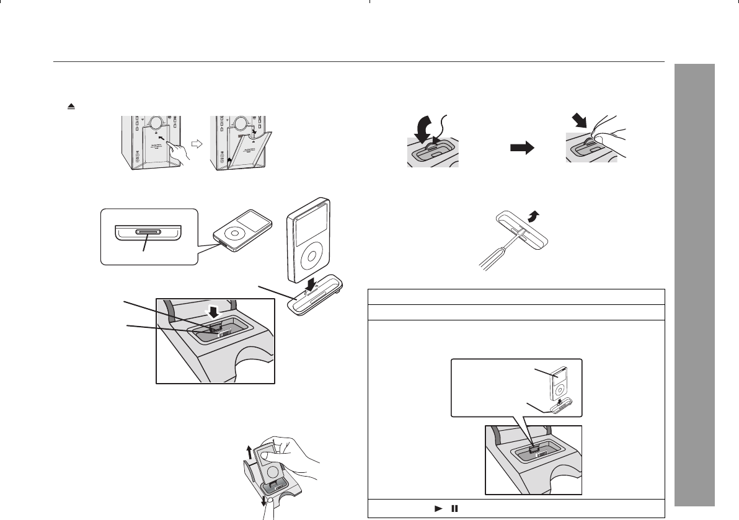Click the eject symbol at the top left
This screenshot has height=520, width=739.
(x=72, y=107)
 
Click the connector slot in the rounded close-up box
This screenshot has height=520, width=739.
(x=148, y=234)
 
